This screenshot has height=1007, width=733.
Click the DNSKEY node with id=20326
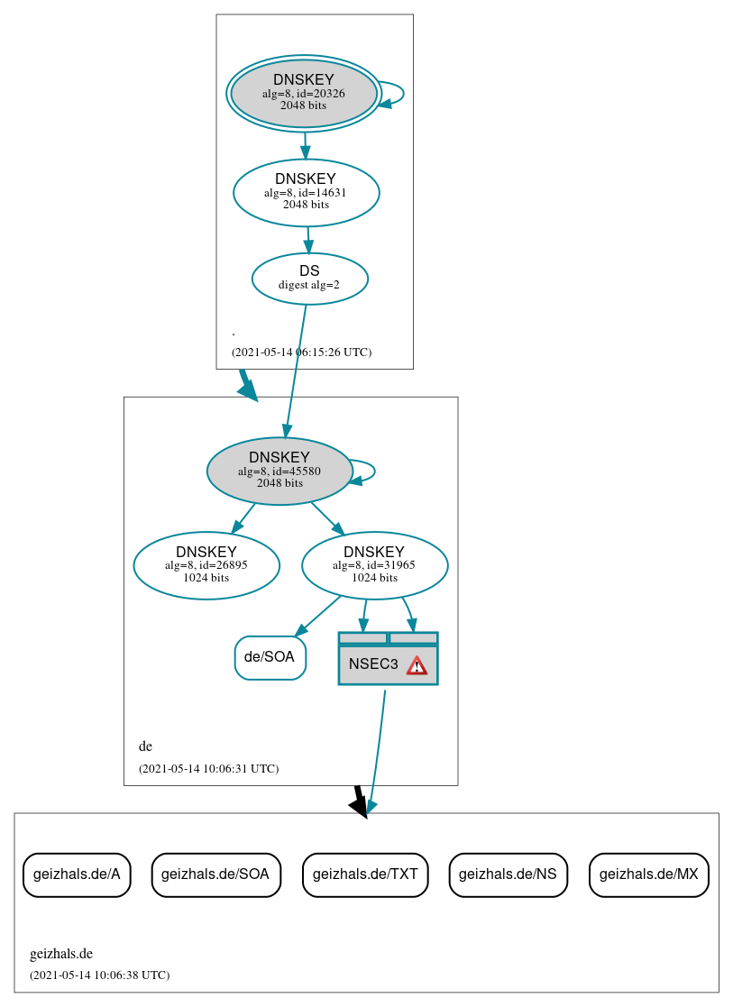(304, 93)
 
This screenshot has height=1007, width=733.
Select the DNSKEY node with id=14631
(306, 192)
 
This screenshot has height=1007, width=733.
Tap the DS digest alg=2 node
(309, 278)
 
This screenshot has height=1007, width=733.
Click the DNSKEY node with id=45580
(279, 471)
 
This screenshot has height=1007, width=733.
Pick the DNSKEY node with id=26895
(206, 565)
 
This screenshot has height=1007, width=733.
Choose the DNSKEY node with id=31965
(374, 565)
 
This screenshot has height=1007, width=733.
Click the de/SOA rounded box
(270, 657)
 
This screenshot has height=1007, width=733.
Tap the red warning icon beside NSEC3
(417, 665)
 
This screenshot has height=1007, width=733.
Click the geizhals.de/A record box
(77, 874)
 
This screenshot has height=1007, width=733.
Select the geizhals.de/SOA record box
(216, 874)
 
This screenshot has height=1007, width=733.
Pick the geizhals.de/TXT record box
(365, 874)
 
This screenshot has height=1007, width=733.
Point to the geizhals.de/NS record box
(508, 874)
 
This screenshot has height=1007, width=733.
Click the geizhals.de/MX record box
(648, 874)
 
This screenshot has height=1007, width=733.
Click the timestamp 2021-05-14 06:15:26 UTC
(301, 352)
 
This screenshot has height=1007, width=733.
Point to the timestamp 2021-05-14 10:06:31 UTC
(208, 769)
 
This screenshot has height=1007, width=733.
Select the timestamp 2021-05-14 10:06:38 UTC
(99, 975)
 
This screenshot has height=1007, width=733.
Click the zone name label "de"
(145, 746)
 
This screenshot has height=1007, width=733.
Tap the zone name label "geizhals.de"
(61, 954)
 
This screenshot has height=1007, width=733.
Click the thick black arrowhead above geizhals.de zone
(360, 807)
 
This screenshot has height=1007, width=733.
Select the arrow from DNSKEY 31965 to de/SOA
(317, 615)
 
